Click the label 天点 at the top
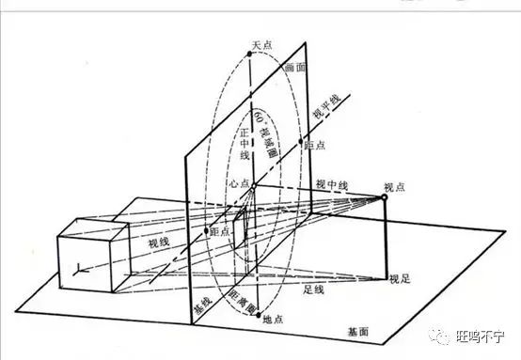click(261, 43)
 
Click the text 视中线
click(332, 184)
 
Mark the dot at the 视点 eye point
click(385, 197)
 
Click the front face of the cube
click(85, 265)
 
